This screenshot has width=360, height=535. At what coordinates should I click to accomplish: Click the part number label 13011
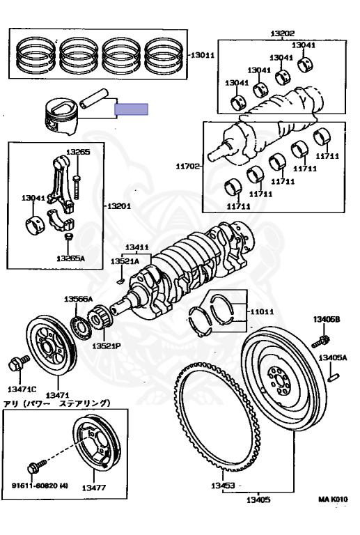(202, 55)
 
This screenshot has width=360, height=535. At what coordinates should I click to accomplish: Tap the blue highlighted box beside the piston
(131, 109)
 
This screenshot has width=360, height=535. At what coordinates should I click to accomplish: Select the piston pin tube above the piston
(94, 98)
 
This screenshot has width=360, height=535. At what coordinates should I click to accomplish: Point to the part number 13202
(283, 33)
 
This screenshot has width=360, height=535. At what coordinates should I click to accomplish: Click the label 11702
(187, 166)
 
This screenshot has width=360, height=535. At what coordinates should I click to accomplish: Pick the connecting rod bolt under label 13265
(77, 187)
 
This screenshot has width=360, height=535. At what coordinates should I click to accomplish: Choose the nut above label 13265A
(69, 236)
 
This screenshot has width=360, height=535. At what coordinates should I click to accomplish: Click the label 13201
(119, 206)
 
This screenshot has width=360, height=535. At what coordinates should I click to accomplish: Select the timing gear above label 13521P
(100, 318)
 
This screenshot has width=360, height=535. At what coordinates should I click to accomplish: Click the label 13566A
(79, 300)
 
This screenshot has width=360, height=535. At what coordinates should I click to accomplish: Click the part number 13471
(58, 395)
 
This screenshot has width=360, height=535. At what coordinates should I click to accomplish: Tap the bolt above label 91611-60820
(37, 467)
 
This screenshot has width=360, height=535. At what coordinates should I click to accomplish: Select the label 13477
(94, 488)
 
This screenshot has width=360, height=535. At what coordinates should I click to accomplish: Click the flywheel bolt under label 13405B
(321, 341)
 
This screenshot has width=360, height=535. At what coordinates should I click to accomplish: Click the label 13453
(223, 485)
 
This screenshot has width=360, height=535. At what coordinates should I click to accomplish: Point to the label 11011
(262, 311)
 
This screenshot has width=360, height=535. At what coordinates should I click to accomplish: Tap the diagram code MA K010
(333, 499)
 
